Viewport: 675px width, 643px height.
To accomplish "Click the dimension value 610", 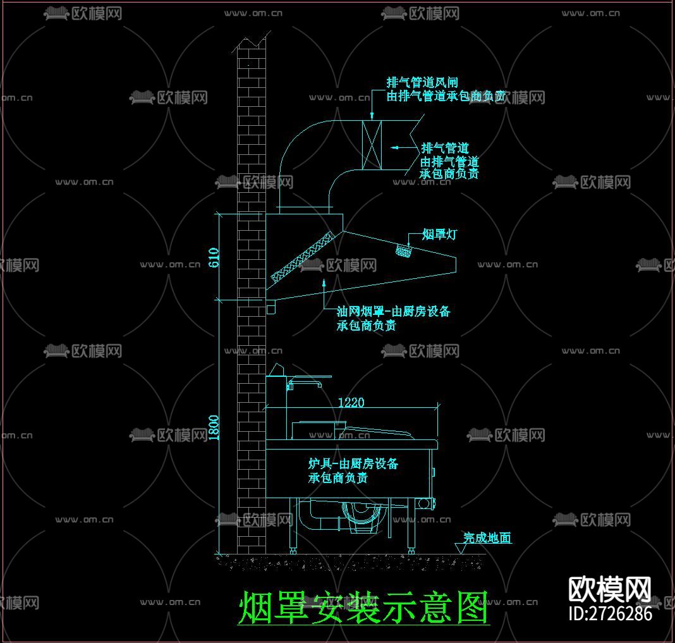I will (x=214, y=257).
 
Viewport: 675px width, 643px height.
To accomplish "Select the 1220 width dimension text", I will (x=351, y=402).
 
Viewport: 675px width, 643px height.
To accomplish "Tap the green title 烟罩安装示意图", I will (x=363, y=608).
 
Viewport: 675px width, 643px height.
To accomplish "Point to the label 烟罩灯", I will (x=439, y=235).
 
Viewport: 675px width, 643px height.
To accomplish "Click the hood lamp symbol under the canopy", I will (x=403, y=252).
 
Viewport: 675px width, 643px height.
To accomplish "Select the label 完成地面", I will (x=487, y=538).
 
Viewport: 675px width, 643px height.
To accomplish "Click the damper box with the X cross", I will (x=372, y=145).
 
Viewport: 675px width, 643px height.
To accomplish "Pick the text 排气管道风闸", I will (x=422, y=82).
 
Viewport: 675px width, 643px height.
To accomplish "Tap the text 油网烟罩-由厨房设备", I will (x=393, y=311).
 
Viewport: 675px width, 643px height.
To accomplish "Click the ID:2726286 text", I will (x=610, y=613).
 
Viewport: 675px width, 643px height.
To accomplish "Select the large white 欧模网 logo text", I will (x=610, y=589).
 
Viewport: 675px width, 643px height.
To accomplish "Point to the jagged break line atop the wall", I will (x=252, y=40).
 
